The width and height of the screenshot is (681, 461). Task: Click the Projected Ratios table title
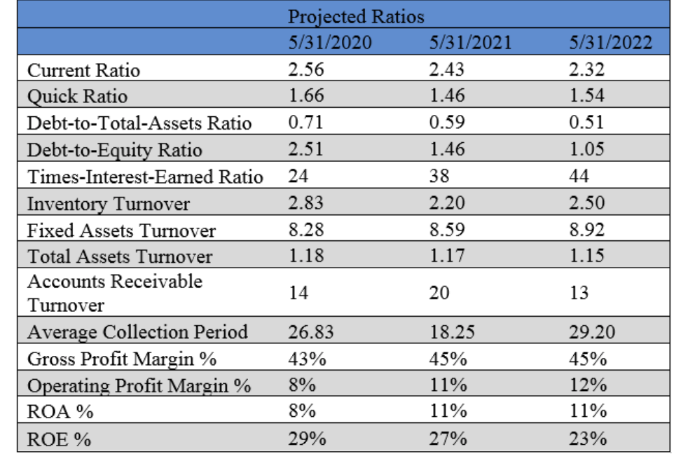click(356, 15)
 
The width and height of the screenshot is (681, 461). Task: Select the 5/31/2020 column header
click(330, 43)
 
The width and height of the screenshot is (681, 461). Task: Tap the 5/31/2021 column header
click(470, 43)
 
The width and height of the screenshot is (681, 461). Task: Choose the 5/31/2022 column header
click(610, 43)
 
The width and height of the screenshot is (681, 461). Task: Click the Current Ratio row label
click(83, 70)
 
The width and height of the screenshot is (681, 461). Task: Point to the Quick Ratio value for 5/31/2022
click(586, 96)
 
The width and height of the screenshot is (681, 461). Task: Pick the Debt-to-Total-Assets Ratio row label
click(139, 123)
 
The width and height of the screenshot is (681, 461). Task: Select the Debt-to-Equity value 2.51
click(306, 150)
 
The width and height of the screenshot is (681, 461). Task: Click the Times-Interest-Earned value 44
click(579, 177)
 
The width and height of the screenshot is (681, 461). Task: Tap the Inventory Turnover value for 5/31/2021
click(446, 203)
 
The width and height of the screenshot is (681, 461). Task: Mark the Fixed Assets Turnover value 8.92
click(586, 230)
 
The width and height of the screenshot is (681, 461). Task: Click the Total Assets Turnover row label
click(119, 256)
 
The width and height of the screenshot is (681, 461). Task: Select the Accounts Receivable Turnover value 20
click(439, 293)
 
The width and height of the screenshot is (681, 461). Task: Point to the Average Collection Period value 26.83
click(311, 331)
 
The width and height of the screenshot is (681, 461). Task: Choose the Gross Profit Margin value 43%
click(307, 359)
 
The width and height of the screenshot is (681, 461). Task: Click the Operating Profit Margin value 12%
click(587, 385)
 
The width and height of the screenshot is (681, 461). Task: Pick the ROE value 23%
click(587, 439)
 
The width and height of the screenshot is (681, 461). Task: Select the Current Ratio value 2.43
click(446, 70)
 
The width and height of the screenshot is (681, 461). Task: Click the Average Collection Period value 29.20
click(592, 331)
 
